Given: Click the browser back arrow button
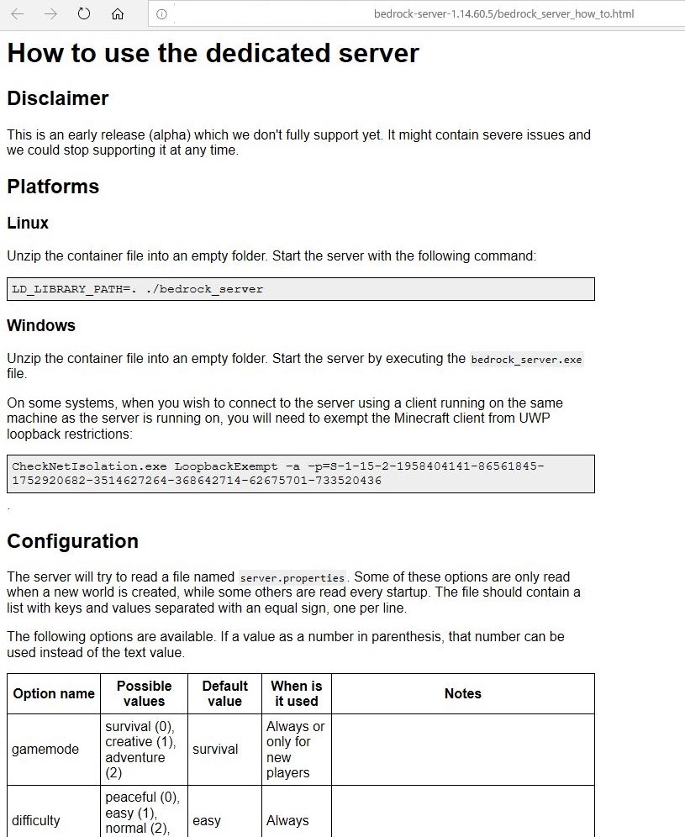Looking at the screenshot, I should pos(18,14).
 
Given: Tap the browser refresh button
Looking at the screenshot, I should pos(84,14).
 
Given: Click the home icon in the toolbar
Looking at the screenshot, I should pos(118,14).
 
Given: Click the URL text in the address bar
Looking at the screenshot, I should pos(504,14).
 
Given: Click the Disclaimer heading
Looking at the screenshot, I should pos(58,98).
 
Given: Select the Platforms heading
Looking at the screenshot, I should pos(53,187).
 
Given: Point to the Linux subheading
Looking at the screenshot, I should pos(28,224).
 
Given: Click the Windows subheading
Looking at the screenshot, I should pos(41,325).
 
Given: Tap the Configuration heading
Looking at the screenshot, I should pos(72,541).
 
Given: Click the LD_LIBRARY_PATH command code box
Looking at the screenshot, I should pos(300,289).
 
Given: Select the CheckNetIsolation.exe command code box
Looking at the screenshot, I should pos(300,473).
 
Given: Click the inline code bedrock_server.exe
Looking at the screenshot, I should pos(526,360).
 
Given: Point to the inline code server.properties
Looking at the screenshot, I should pos(292,578).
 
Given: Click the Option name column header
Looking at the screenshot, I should pos(54,694).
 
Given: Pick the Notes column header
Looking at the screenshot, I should pos(462,694).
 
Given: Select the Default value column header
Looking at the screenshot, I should pos(224,694).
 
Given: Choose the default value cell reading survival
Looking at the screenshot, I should pos(215,750).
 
